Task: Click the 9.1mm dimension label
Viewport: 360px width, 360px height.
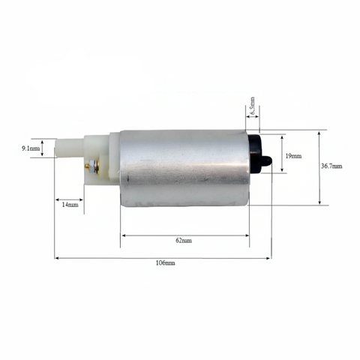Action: (31, 148)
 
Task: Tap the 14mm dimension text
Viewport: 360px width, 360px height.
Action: (68, 204)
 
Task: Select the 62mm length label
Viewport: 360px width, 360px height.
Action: (184, 241)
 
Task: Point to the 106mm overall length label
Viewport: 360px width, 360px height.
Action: (163, 263)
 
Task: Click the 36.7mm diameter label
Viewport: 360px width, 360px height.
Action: (331, 166)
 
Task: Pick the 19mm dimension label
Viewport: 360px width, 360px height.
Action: (293, 155)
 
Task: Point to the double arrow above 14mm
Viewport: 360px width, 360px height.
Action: (69, 199)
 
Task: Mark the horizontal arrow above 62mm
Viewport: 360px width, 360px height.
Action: (184, 235)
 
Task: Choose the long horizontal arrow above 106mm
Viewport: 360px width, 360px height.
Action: (163, 257)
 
